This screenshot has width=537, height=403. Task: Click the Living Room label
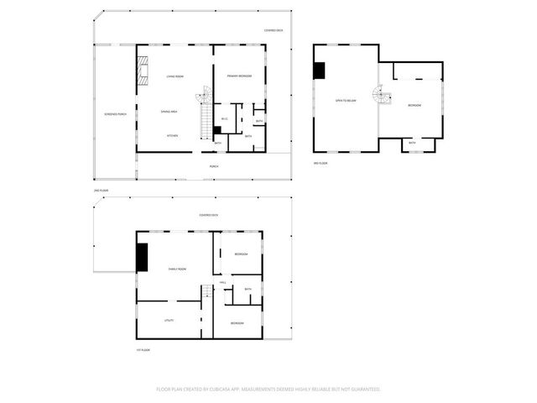(x=175, y=76)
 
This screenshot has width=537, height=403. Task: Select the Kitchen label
(x=172, y=135)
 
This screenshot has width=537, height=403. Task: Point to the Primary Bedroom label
(x=239, y=76)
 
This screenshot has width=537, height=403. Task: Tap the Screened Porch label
(x=115, y=114)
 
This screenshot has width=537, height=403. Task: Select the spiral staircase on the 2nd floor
(x=204, y=98)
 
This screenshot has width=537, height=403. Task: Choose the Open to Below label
(x=345, y=101)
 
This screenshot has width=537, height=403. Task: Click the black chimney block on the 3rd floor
(x=320, y=71)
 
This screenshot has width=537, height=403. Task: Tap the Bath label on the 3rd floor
(x=412, y=143)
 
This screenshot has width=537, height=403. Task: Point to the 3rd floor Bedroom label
(x=414, y=105)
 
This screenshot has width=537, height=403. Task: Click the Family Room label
(x=177, y=269)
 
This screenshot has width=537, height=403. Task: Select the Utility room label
(x=168, y=321)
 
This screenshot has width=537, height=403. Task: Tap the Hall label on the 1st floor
(x=222, y=282)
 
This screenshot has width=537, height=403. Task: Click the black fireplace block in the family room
(x=142, y=257)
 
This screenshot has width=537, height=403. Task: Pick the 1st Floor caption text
(x=143, y=350)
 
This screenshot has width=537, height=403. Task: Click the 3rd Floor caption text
(x=321, y=163)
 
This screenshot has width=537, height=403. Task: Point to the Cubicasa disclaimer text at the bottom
(x=268, y=389)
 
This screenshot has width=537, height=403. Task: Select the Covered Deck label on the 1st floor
(x=210, y=215)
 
